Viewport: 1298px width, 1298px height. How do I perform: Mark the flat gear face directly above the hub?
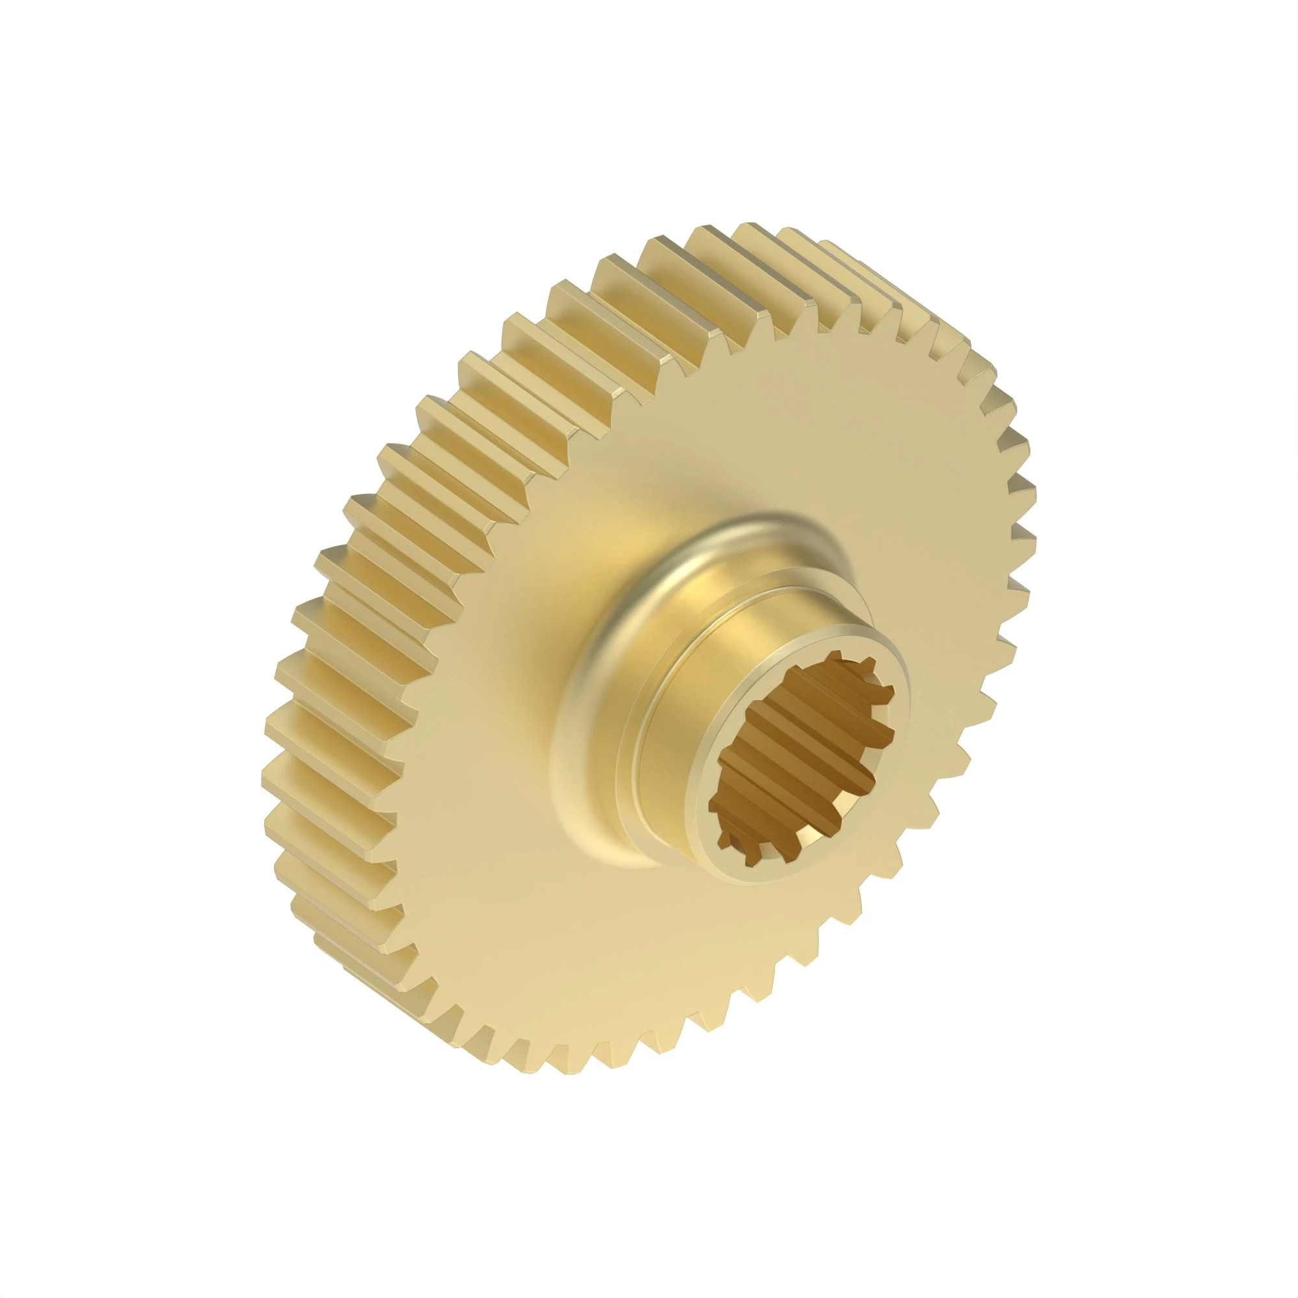point(772,437)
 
